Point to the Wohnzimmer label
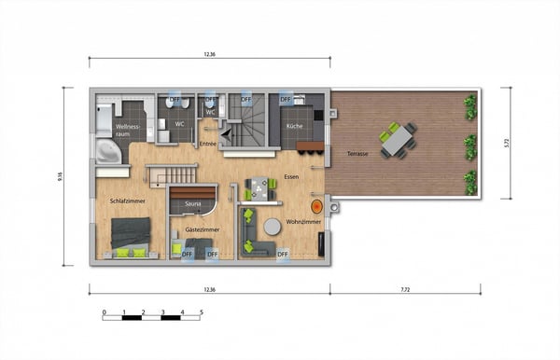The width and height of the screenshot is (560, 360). coord(303,223)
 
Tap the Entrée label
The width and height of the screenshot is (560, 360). coord(207,144)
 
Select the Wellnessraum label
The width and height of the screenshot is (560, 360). coord(127,129)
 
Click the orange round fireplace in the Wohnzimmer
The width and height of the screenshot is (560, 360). coord(317,205)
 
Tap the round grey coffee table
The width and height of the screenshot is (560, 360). coord(272,226)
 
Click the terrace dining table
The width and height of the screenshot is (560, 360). coord(399,139)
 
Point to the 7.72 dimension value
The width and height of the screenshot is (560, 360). coord(404,290)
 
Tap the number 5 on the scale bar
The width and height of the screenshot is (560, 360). coord(201,312)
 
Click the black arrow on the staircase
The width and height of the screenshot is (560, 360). coord(225,134)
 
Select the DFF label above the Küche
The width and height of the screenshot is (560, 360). coord(286,99)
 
